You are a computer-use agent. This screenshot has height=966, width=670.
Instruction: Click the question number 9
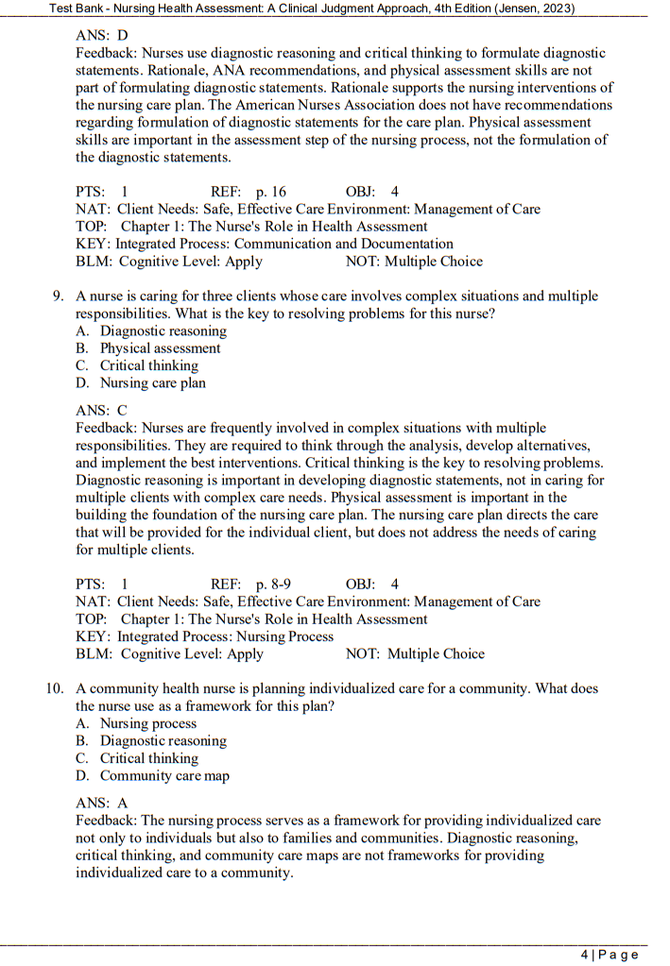click(58, 297)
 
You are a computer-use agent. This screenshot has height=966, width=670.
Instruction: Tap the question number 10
click(55, 689)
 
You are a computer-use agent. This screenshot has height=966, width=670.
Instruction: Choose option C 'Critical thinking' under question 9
click(148, 365)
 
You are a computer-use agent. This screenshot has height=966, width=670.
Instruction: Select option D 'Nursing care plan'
click(152, 383)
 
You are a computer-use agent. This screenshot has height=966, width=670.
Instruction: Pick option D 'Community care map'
click(164, 776)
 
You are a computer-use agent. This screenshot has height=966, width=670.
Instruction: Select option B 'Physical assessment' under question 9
click(160, 348)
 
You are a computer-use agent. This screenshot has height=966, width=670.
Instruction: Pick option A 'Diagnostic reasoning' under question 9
click(163, 331)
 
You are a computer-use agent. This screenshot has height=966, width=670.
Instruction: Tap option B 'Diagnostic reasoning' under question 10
click(163, 741)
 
